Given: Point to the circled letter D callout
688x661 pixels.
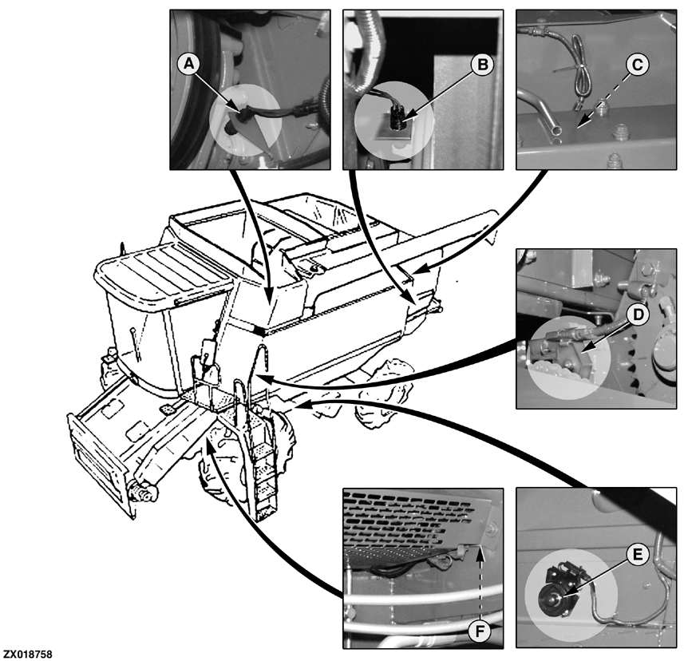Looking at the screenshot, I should pos(635,315).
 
